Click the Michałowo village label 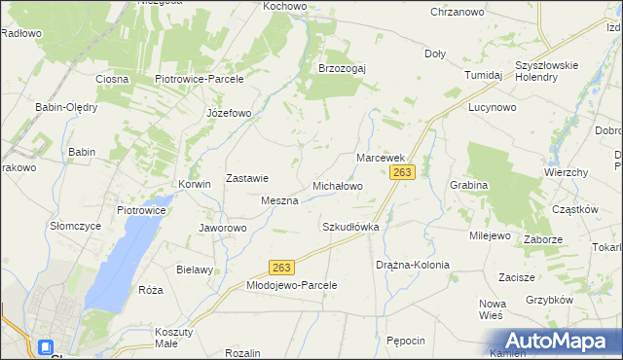coord(337,185)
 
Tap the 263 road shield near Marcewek coord(403,172)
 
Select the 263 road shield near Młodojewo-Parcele coord(282,267)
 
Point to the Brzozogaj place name coord(342,68)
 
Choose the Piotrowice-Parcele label coord(199,79)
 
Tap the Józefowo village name coord(229,113)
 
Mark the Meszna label coord(278,199)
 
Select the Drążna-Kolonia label coord(413,265)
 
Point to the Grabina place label coord(468,184)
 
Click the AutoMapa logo coord(553,341)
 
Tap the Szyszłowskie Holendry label coord(547,71)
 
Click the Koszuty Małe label coord(174,337)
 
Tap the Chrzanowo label coord(458,12)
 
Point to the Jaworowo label coord(223,229)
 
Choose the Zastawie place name coord(247,178)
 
